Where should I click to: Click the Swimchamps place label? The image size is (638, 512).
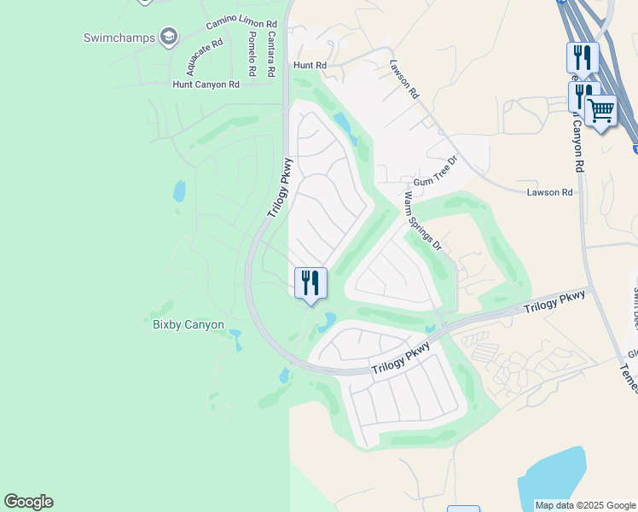click(119, 37)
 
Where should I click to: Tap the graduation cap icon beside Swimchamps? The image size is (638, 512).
click(169, 36)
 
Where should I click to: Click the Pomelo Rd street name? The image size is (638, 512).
click(252, 53)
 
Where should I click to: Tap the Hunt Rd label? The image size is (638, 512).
click(310, 65)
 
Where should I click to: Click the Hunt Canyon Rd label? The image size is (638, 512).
click(206, 84)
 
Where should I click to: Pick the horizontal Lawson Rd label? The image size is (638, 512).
click(549, 193)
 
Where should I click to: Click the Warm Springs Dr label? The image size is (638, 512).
click(422, 221)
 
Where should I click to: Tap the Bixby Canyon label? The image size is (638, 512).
click(188, 324)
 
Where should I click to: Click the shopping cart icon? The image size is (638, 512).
click(601, 110)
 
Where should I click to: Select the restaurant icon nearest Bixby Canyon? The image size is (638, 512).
click(310, 282)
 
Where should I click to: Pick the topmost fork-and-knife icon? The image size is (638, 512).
click(583, 57)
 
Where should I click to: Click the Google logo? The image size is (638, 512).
click(29, 502)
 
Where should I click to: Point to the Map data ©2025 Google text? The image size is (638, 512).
click(585, 505)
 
